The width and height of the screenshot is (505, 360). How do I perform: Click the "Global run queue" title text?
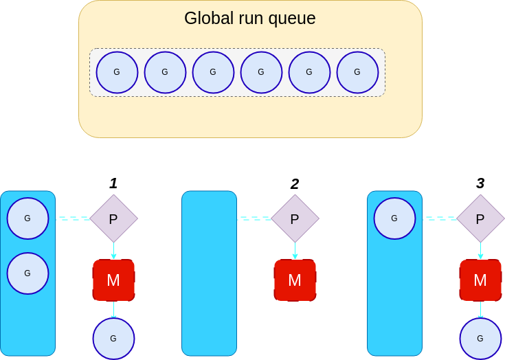tap(249, 19)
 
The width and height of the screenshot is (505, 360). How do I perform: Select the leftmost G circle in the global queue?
tap(117, 72)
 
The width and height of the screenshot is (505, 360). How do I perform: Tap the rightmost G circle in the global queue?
tap(357, 72)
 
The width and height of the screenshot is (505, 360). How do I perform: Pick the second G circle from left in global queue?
tap(165, 72)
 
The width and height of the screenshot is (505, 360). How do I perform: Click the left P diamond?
tap(113, 218)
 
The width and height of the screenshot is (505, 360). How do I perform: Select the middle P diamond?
tap(295, 218)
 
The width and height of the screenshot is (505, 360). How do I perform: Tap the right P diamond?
tap(480, 218)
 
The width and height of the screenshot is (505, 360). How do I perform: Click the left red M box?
tap(113, 280)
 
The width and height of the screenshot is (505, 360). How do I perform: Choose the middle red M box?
tap(295, 280)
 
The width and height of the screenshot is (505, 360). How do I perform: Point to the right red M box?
tap(480, 280)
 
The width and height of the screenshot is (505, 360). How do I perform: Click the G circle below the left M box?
tap(113, 338)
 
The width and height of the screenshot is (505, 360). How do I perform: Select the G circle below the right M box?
tap(480, 338)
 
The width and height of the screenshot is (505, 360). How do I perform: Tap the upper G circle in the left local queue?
tap(27, 218)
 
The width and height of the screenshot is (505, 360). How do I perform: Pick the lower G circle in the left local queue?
tap(27, 273)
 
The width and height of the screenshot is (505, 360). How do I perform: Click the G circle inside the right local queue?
tap(394, 218)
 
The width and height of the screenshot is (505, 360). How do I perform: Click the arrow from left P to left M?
tap(113, 250)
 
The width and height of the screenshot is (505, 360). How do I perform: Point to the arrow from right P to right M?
tap(480, 250)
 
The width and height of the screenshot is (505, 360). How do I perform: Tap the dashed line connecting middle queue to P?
tap(254, 218)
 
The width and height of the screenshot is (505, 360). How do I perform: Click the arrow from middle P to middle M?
tap(295, 250)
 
